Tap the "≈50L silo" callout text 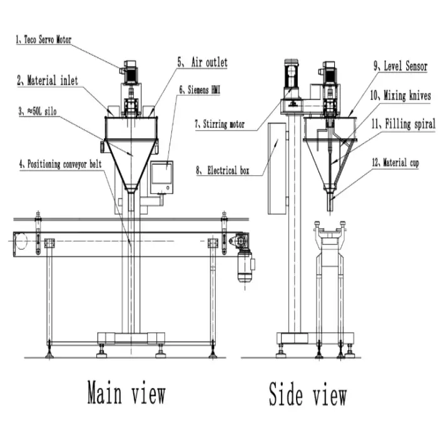[41, 113]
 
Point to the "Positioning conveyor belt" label [62, 165]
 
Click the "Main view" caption [126, 395]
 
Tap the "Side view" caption [308, 395]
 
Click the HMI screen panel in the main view [161, 176]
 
